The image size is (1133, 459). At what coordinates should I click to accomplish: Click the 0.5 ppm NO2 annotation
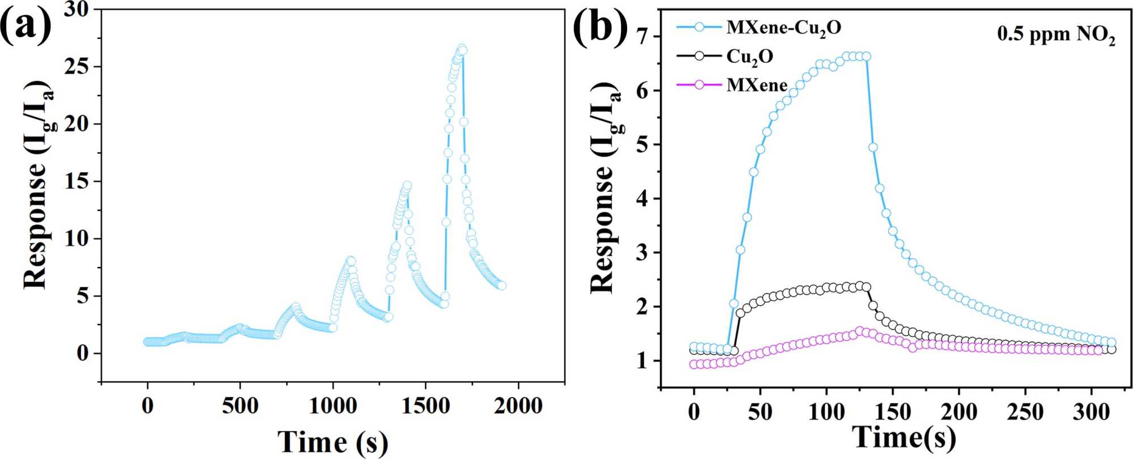pyautogui.click(x=1057, y=36)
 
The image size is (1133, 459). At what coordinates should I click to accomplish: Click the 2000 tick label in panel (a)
pyautogui.click(x=518, y=406)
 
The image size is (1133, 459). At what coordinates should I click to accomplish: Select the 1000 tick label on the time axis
pyautogui.click(x=333, y=406)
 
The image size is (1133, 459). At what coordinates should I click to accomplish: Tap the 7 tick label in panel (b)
pyautogui.click(x=643, y=37)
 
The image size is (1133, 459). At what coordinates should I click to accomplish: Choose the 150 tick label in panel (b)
pyautogui.click(x=893, y=412)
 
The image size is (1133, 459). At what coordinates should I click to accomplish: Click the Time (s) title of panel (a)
pyautogui.click(x=333, y=442)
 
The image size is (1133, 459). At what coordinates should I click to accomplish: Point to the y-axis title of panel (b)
pyautogui.click(x=605, y=187)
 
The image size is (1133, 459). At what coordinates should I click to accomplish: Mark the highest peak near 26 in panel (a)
pyautogui.click(x=462, y=49)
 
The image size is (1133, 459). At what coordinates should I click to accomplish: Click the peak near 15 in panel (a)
pyautogui.click(x=406, y=185)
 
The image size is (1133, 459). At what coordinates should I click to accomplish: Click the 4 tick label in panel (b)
pyautogui.click(x=643, y=199)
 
